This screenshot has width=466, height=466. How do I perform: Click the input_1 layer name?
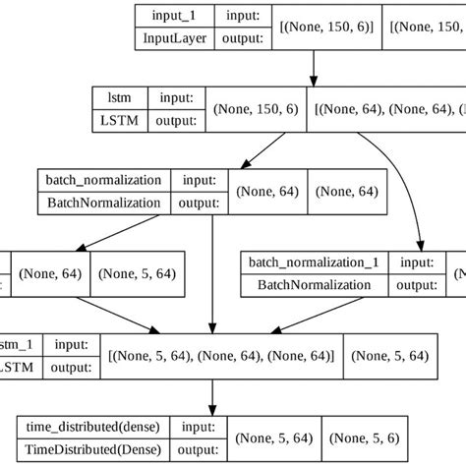click(x=173, y=17)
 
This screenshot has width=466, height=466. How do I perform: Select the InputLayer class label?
click(x=173, y=38)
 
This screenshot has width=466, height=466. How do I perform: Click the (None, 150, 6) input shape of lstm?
click(x=258, y=109)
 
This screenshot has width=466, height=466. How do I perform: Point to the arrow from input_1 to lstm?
click(x=313, y=68)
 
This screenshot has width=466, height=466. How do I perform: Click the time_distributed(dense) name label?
click(x=93, y=426)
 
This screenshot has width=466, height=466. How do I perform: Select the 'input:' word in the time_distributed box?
click(x=200, y=426)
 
